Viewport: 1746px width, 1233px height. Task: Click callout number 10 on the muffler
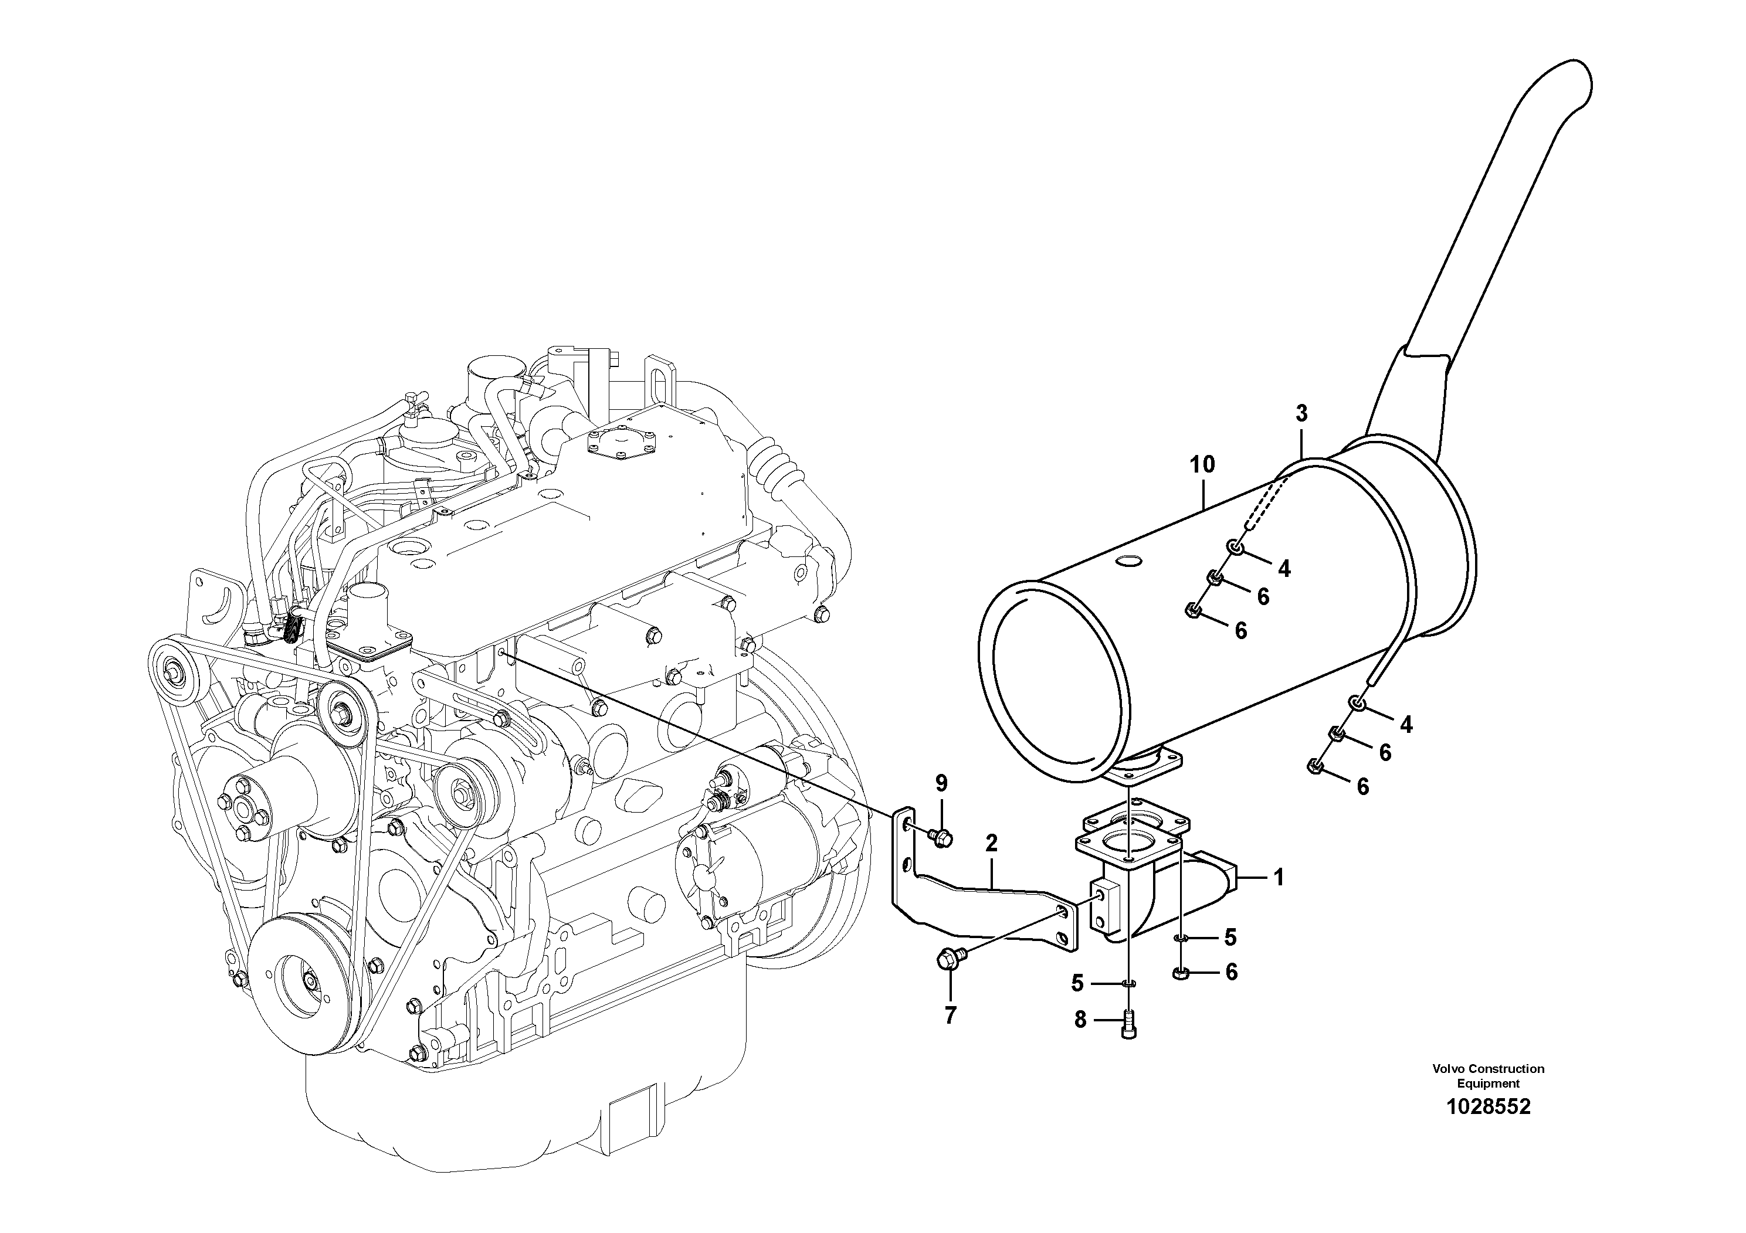1202,464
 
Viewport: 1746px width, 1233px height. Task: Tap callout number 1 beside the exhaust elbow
1279,878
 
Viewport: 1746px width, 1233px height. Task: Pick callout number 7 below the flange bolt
950,1015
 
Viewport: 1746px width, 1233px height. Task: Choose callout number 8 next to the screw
1080,1021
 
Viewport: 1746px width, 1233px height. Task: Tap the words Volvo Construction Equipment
1488,1076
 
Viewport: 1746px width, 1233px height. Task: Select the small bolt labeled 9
941,837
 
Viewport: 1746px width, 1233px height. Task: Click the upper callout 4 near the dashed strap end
1284,568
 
